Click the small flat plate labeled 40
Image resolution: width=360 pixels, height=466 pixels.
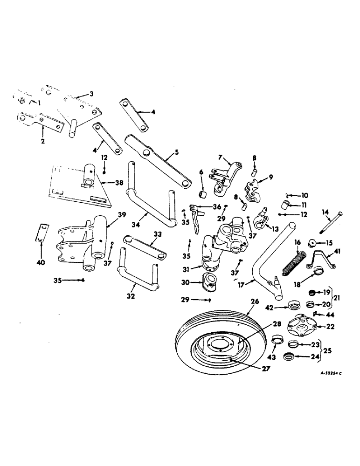[x=43, y=233]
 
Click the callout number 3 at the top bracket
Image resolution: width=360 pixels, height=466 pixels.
[x=91, y=94]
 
